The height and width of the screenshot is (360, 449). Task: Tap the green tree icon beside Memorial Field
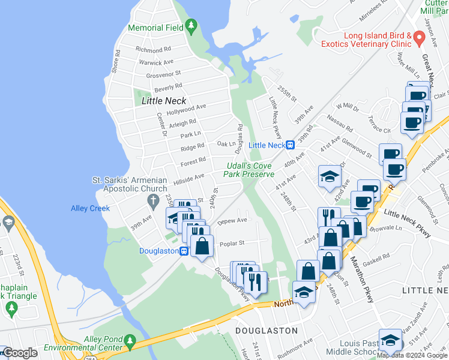(191, 26)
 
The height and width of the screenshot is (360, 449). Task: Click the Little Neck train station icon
(290, 145)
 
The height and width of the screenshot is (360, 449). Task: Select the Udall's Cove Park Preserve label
(249, 170)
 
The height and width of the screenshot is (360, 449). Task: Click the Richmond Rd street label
(154, 49)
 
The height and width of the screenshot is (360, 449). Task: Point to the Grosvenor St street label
(164, 75)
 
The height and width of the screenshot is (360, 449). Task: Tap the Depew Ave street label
(232, 220)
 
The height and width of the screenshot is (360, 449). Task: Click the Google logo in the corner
(20, 353)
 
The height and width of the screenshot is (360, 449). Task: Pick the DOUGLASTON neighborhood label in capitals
(267, 331)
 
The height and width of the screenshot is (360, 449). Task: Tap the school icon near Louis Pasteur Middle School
(390, 340)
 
